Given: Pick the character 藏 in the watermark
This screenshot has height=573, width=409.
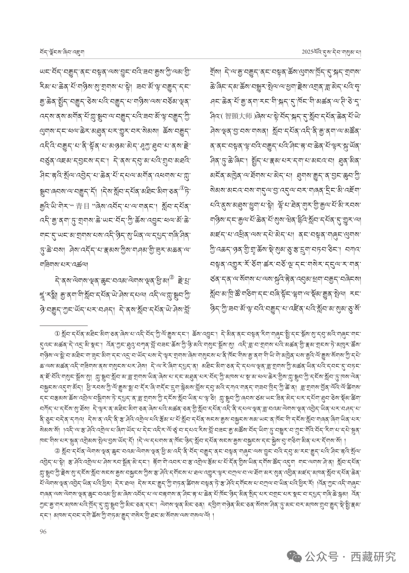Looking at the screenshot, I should [367, 556].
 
